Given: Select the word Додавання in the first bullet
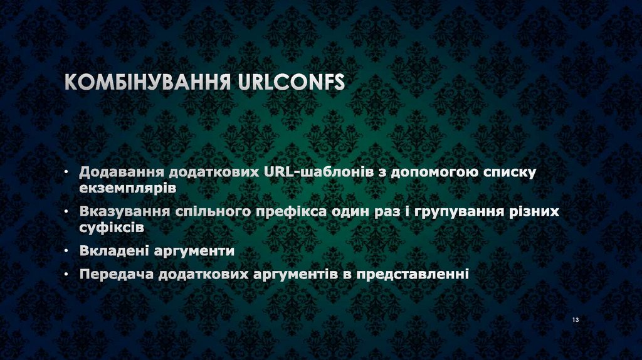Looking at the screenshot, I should tap(117, 172).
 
